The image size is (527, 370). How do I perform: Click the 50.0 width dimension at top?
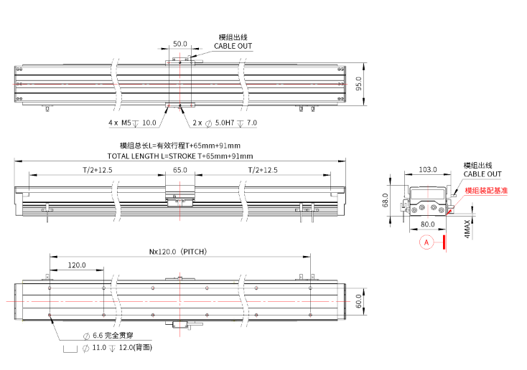click(180, 44)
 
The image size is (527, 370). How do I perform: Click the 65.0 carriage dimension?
click(180, 170)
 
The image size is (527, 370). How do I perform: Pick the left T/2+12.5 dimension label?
click(97, 170)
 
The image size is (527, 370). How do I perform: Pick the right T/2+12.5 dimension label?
click(262, 170)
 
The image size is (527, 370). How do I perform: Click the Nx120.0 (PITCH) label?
click(178, 252)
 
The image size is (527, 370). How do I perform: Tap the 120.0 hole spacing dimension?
click(76, 265)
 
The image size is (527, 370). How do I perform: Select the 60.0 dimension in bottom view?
click(359, 303)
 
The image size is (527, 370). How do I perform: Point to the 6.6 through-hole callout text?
click(108, 336)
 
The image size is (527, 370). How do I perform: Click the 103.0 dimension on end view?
click(428, 169)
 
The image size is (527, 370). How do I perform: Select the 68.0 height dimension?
click(386, 199)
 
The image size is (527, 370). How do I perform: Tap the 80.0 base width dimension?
click(428, 224)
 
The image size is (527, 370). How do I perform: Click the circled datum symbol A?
click(426, 242)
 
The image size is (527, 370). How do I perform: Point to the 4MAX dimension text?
click(467, 228)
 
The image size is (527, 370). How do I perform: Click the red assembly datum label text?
click(486, 191)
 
